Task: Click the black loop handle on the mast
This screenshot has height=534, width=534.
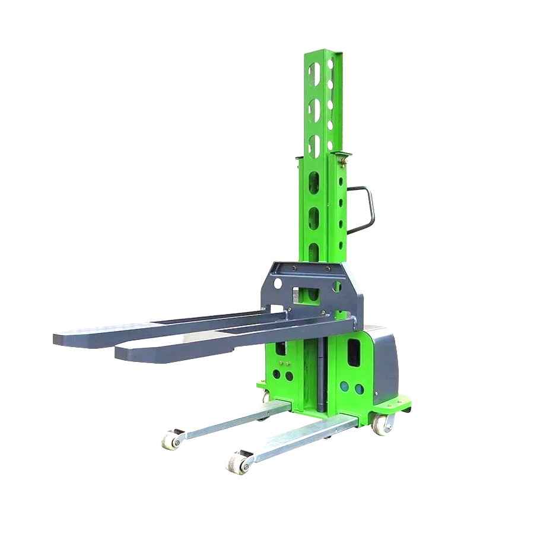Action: (x=370, y=209)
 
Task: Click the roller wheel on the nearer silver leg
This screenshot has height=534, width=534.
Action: (x=237, y=462)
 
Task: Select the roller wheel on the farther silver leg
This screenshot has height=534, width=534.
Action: (x=171, y=439)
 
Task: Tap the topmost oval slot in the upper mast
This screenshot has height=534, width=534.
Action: (x=313, y=73)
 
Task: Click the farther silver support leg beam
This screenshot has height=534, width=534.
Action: (x=237, y=419)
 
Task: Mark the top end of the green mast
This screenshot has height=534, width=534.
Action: (x=324, y=53)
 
